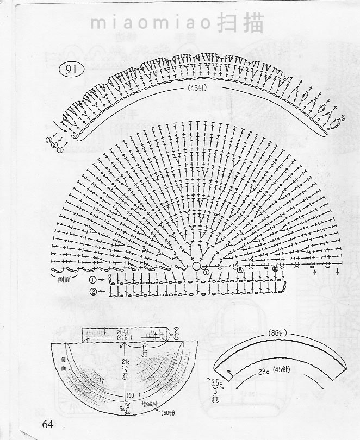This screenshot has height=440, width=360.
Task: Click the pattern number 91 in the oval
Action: [71, 70]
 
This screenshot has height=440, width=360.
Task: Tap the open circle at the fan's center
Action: [196, 267]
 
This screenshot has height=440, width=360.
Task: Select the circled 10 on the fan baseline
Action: [275, 269]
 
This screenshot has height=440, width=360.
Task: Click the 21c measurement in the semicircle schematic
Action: [126, 362]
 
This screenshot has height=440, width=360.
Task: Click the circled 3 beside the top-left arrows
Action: [49, 140]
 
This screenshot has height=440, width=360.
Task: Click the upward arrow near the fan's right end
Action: [315, 272]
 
